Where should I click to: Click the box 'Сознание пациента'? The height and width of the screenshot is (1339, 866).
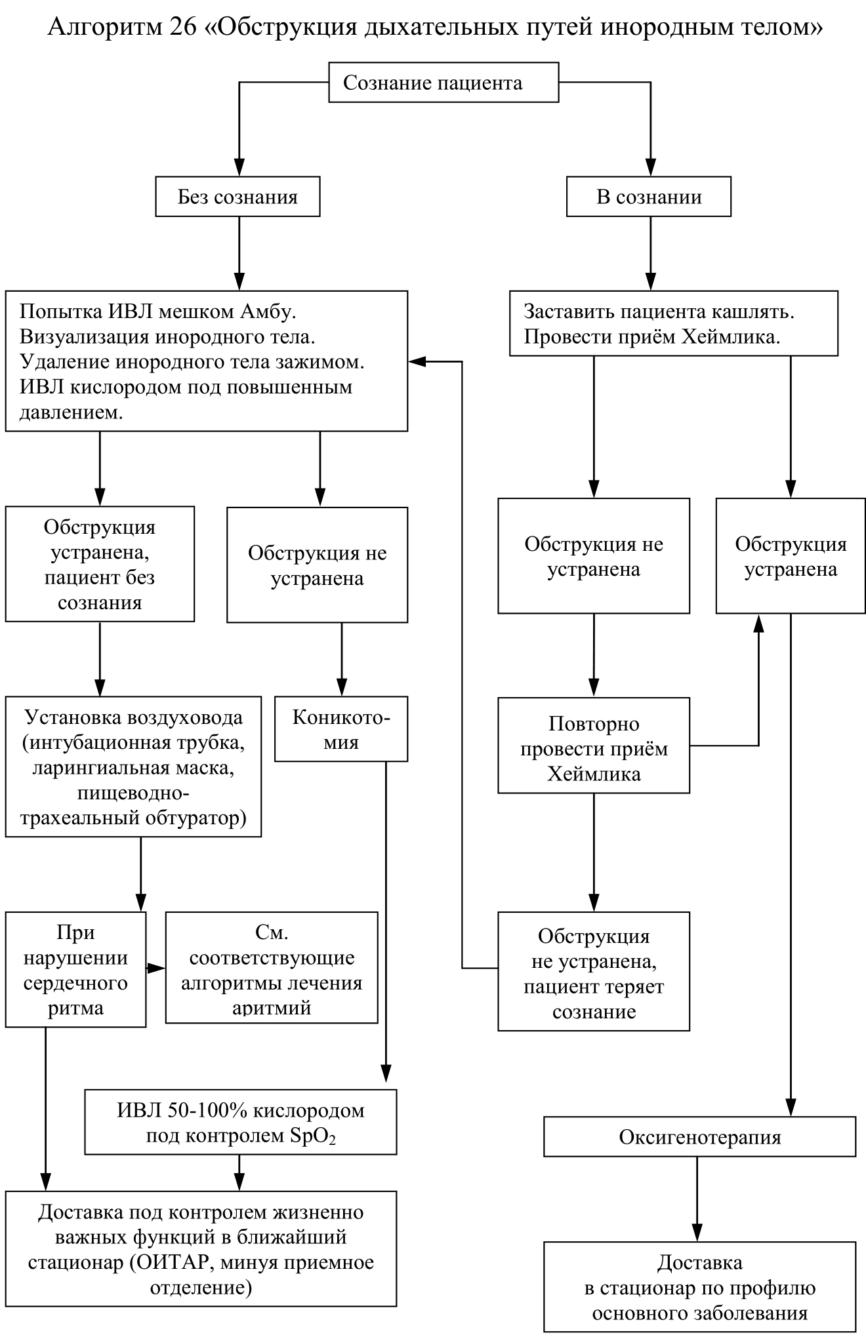(x=443, y=83)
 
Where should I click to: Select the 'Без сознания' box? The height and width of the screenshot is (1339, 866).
(x=237, y=197)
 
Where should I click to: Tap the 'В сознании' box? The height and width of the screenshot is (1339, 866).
(x=649, y=197)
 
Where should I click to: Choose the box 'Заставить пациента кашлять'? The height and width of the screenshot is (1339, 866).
(x=674, y=324)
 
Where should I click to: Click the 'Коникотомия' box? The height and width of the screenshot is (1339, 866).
(x=341, y=729)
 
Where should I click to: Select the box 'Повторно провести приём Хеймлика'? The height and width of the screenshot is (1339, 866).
(x=594, y=746)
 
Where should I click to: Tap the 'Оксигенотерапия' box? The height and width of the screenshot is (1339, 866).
(x=700, y=1136)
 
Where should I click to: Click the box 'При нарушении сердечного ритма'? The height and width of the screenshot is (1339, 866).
(x=75, y=969)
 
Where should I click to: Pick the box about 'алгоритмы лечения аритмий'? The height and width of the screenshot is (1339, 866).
(x=272, y=968)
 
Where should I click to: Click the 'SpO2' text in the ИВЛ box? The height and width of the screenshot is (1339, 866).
(x=313, y=1136)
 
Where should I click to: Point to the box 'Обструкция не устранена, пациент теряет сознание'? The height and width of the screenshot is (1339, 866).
(x=594, y=972)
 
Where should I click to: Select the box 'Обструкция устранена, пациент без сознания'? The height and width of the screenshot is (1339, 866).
(x=100, y=564)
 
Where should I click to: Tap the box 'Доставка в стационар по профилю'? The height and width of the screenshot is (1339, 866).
(x=700, y=1287)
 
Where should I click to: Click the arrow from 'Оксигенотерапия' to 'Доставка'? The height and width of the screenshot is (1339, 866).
(x=697, y=1199)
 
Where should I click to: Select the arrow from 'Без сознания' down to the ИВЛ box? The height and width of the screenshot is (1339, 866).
(x=239, y=254)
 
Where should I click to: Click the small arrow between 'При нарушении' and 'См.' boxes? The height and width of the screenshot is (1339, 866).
(x=155, y=968)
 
